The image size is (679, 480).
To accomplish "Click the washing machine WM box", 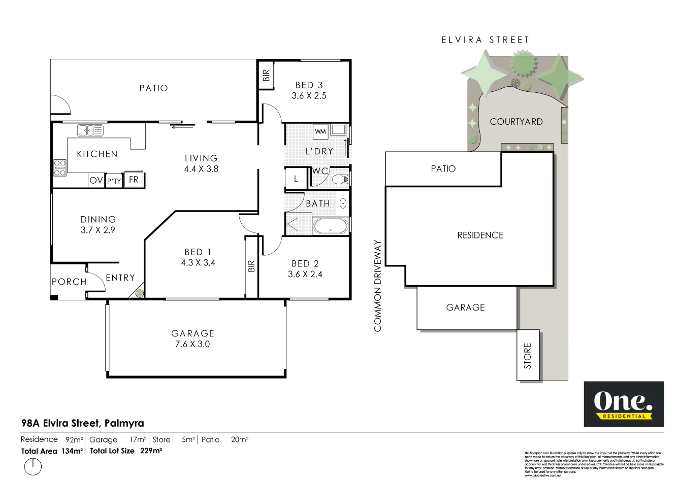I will click(320, 132).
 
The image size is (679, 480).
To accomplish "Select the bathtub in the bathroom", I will click(331, 226).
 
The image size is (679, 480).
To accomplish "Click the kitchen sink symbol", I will click(90, 130).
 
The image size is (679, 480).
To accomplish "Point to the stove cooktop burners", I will click(60, 168).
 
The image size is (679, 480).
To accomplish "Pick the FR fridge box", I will click(134, 180).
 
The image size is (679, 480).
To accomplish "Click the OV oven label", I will click(96, 180).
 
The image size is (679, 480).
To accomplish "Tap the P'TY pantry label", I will click(114, 181).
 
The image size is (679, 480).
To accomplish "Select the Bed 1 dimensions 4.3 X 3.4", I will click(198, 263).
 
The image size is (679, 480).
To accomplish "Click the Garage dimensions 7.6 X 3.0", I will click(192, 344).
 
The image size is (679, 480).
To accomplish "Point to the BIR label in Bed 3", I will click(266, 76).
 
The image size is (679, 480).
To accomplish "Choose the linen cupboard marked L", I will click(296, 179).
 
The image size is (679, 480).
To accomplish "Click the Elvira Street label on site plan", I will click(485, 40).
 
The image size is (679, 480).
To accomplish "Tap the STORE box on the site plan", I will click(528, 355).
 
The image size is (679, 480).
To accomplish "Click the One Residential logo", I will click(623, 404).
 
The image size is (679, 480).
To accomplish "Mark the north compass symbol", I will click(33, 466).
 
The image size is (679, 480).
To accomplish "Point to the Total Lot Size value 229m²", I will click(151, 451).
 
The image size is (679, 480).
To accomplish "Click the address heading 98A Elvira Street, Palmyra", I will click(82, 423).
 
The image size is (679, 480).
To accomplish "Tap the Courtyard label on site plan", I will click(516, 122).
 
